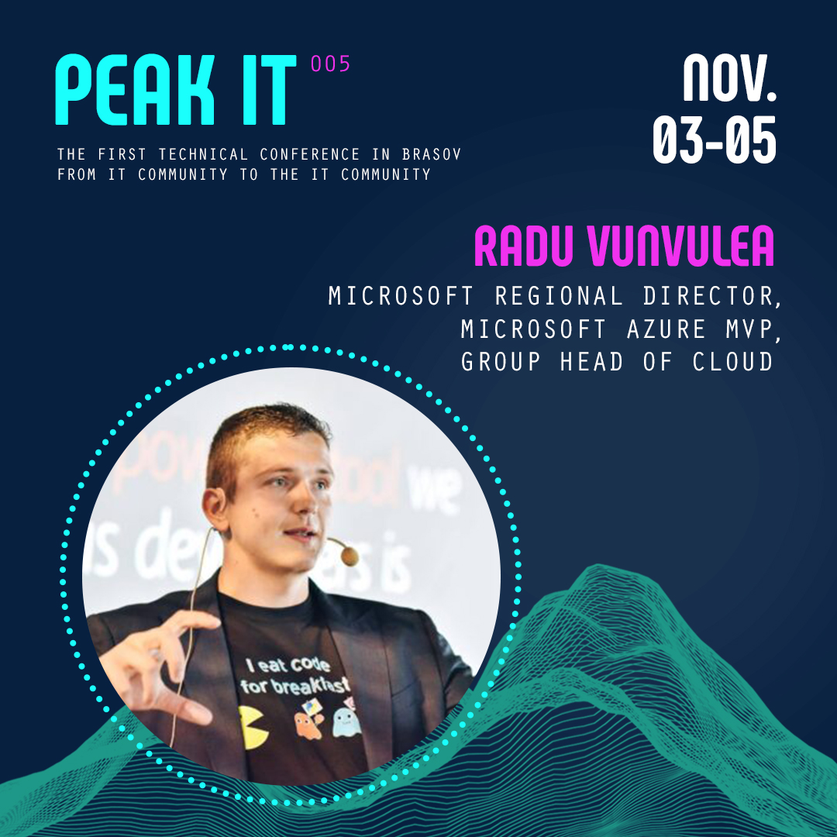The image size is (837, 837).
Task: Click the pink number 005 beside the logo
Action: coord(331,64)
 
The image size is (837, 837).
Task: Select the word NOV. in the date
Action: coord(729,78)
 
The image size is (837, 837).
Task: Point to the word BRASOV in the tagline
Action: coord(432,154)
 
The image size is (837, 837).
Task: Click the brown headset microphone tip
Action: coord(350,555)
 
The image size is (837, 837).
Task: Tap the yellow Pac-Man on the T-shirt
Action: coord(254,725)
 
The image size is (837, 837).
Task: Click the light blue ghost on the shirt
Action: coord(346,721)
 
